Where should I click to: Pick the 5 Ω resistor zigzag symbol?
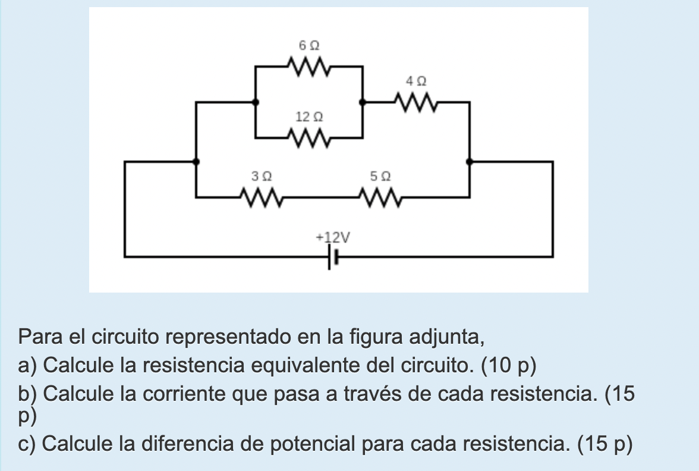coord(379,196)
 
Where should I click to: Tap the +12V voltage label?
coord(333,238)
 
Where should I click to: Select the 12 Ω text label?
coord(308,117)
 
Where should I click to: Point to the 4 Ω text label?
coord(416,80)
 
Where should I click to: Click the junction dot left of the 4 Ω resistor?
coord(362,102)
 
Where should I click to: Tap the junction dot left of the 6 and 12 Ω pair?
coord(256,102)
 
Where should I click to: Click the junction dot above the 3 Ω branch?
coord(196,161)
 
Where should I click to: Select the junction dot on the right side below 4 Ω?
coord(470,161)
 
